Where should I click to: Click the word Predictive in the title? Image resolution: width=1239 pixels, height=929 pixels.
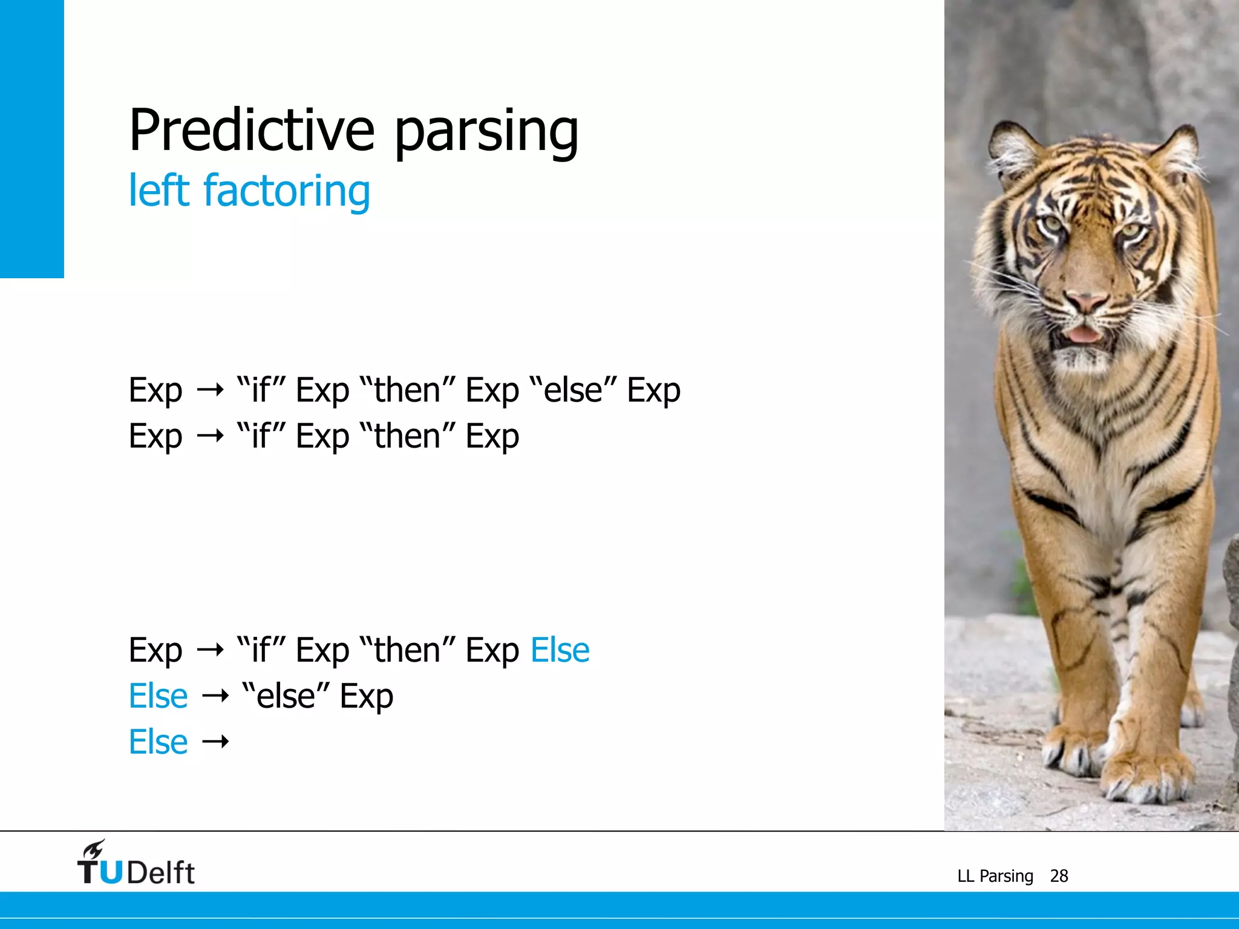click(251, 131)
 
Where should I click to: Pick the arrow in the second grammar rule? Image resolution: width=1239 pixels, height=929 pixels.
click(210, 436)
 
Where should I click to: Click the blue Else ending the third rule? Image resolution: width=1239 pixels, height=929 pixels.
click(560, 651)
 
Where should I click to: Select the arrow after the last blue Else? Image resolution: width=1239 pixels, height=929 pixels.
click(215, 742)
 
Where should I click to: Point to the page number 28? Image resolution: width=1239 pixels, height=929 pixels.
click(1059, 876)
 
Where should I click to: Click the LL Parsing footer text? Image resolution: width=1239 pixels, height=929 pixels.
click(995, 876)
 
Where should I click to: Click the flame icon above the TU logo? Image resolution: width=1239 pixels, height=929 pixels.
click(94, 849)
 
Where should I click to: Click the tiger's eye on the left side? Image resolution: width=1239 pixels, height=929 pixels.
click(1053, 224)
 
